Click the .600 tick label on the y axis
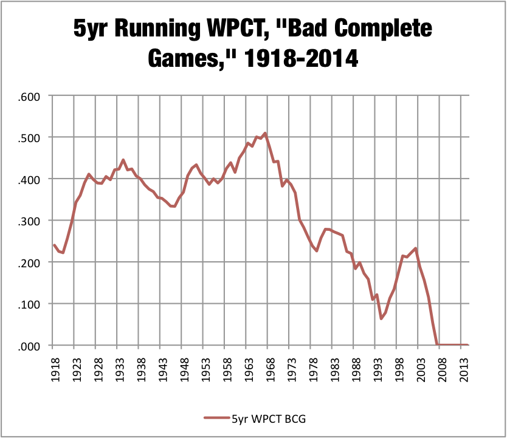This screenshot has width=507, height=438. click(x=29, y=97)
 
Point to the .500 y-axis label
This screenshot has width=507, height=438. click(x=29, y=139)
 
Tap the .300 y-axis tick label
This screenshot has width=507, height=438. click(x=29, y=222)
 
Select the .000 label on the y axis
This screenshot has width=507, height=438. click(x=29, y=347)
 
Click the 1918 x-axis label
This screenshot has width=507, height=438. click(x=55, y=369)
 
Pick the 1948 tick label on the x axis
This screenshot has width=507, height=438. click(x=184, y=369)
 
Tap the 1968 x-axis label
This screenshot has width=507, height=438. click(x=271, y=369)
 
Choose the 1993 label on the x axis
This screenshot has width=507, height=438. click(x=378, y=369)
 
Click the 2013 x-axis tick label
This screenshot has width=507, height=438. click(x=464, y=369)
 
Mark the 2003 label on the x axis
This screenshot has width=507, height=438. click(x=421, y=369)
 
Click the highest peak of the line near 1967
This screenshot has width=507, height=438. click(x=265, y=133)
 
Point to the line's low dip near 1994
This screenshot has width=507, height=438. click(x=381, y=319)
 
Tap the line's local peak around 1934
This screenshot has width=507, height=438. click(x=123, y=160)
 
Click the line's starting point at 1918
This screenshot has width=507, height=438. click(x=54, y=245)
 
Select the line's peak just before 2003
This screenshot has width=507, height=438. click(x=415, y=248)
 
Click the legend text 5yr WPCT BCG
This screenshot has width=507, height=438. click(x=269, y=419)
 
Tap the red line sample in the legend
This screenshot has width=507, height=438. click(x=217, y=418)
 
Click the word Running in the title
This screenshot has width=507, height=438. click(x=159, y=29)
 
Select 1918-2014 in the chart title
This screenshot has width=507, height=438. click(x=301, y=58)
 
